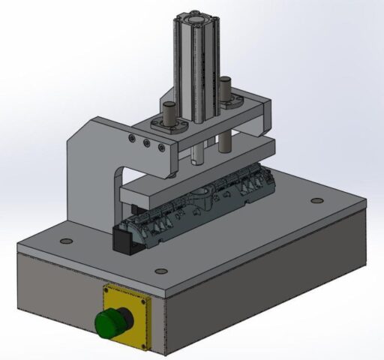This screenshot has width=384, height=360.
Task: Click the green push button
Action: [109, 323]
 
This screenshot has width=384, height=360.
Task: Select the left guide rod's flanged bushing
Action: [168, 123]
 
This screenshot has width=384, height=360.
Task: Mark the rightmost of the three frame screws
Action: [160, 146]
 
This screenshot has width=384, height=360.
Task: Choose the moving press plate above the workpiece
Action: [195, 180]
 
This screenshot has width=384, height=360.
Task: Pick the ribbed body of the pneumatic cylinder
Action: [197, 75]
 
